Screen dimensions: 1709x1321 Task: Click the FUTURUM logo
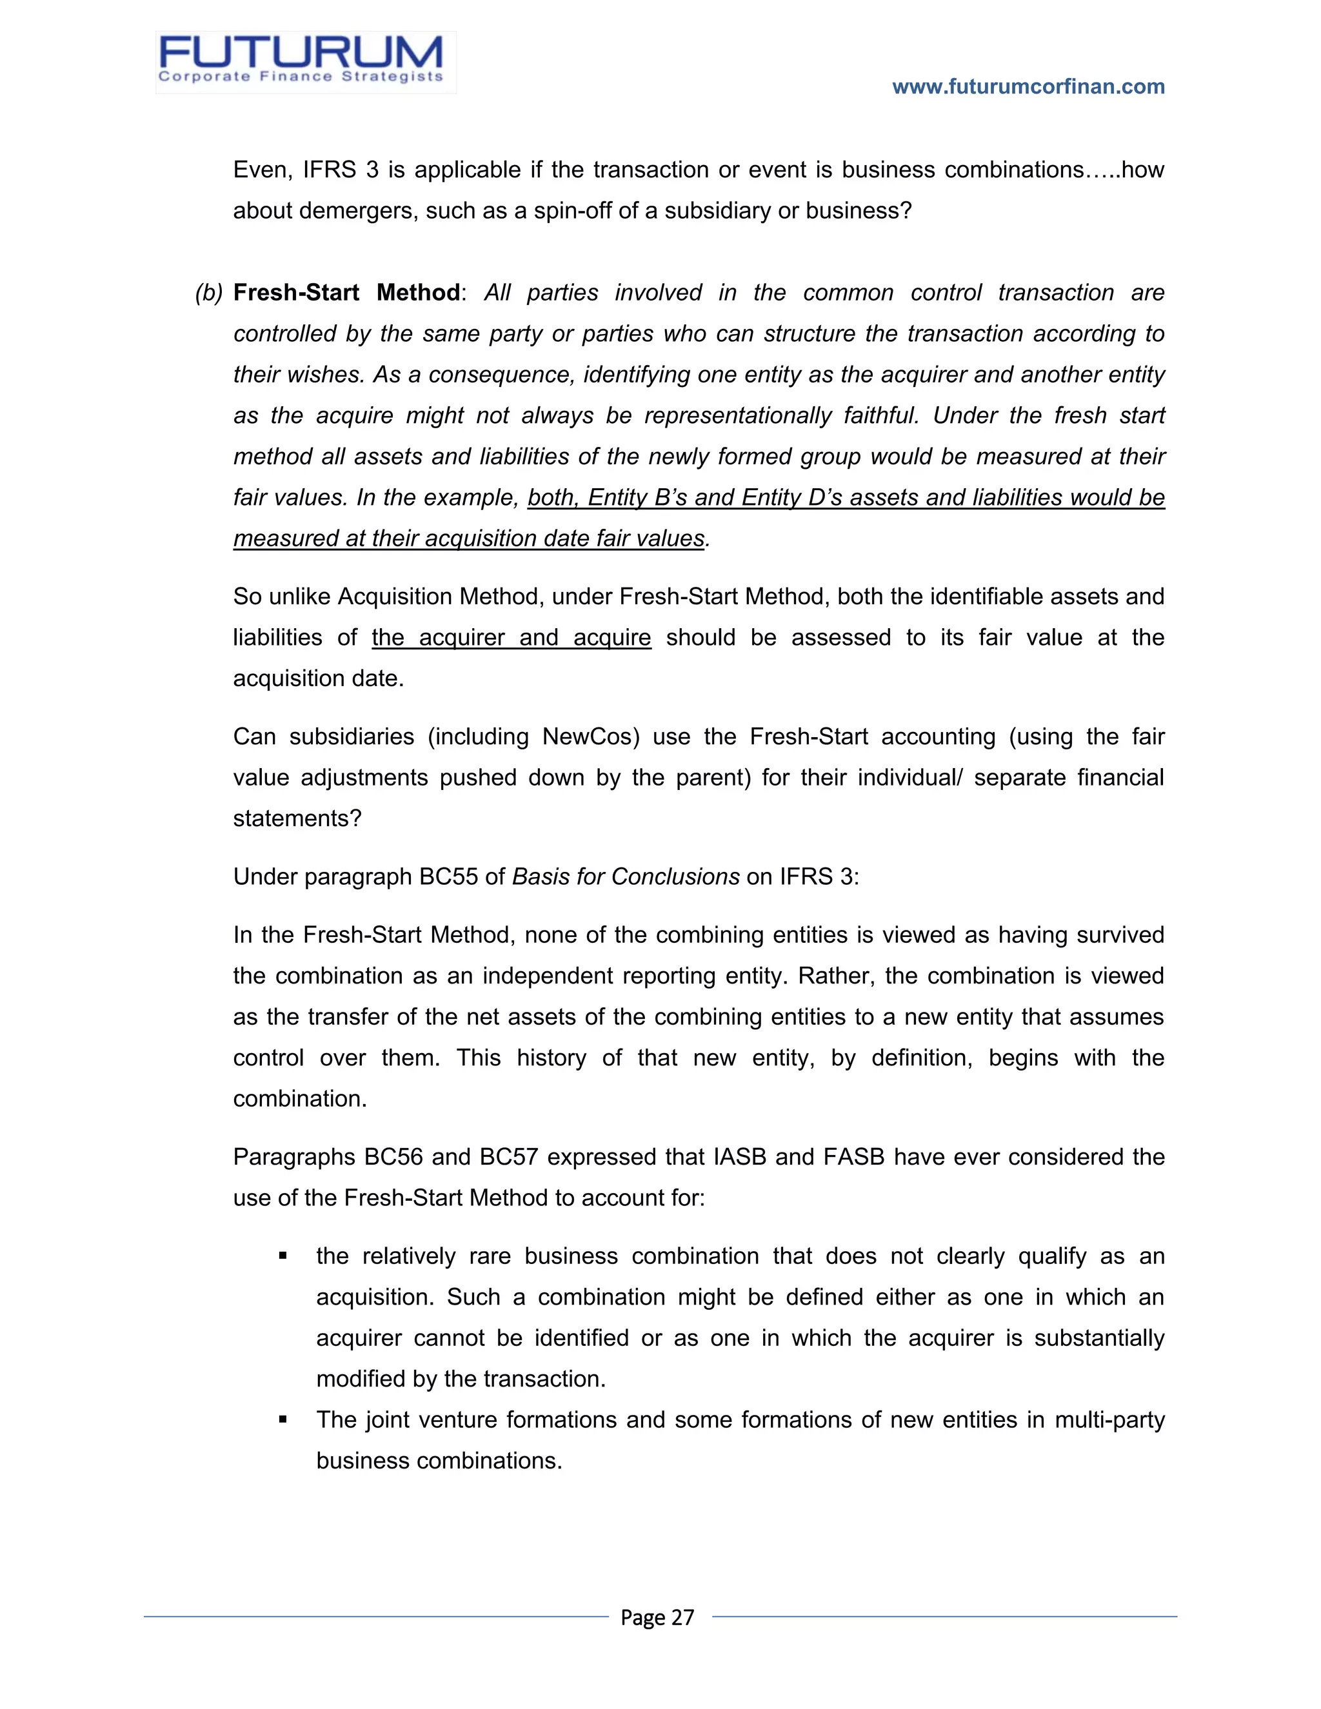[x=301, y=54]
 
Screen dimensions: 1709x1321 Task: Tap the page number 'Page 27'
[x=657, y=1617]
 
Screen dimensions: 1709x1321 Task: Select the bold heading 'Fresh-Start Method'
[x=346, y=293]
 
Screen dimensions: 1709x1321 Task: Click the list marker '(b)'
[x=209, y=293]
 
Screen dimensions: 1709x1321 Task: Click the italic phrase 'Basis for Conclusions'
[x=625, y=876]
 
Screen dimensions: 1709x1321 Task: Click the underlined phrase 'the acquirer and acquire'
[x=511, y=637]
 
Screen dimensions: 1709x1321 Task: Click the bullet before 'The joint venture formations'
[x=283, y=1420]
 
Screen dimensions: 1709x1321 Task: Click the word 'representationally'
[x=737, y=415]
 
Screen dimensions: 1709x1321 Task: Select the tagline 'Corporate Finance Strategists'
[x=301, y=77]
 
